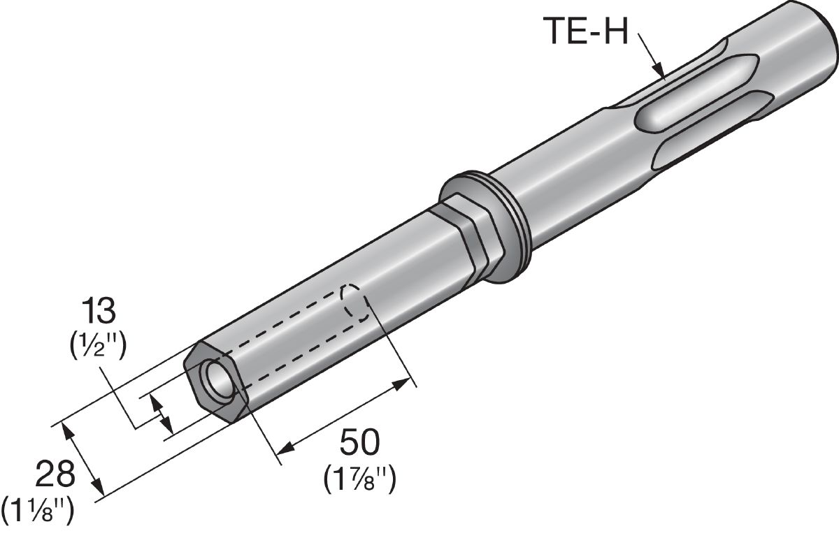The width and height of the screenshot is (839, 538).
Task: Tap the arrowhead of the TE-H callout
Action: click(659, 71)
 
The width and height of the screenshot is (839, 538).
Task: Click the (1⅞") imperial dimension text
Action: click(359, 479)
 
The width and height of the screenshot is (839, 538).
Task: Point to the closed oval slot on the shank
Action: click(696, 94)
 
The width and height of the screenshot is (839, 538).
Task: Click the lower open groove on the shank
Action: click(712, 130)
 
